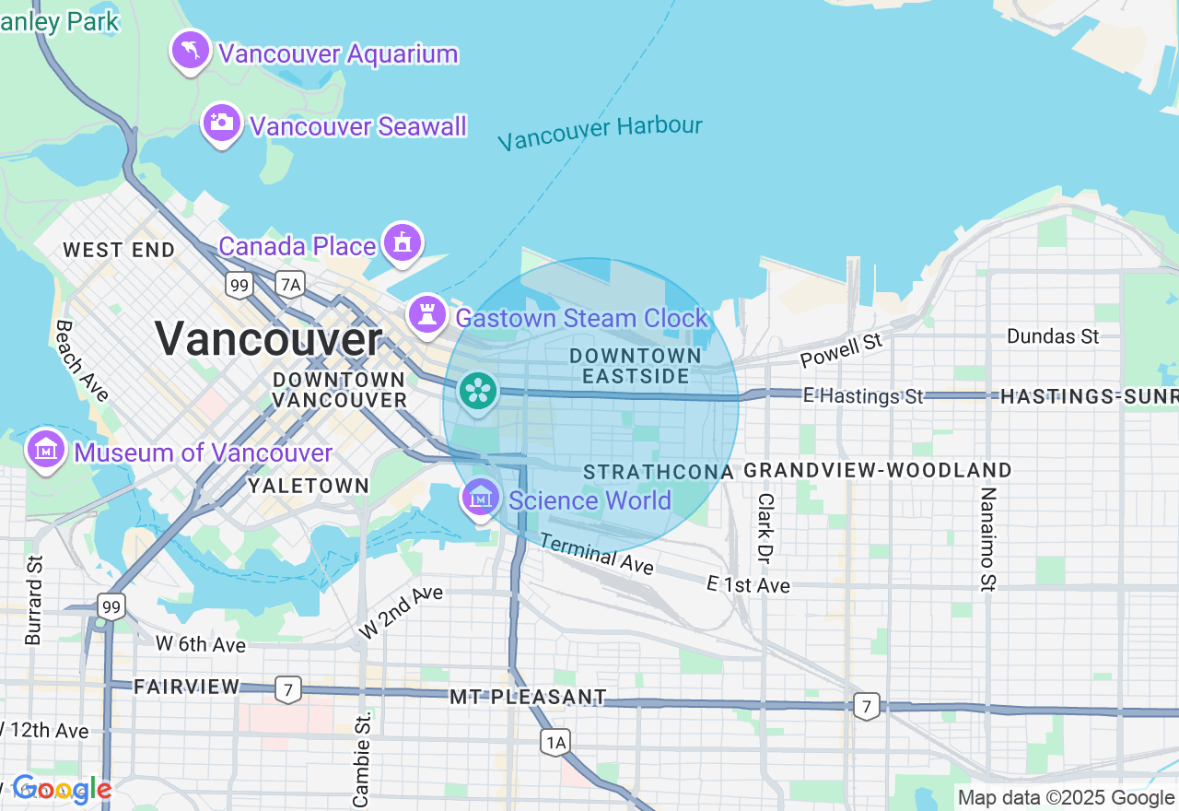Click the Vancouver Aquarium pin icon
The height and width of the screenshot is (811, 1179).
[x=191, y=51]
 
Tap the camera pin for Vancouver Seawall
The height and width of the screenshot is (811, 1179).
[x=222, y=123]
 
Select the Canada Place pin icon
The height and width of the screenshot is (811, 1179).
[x=403, y=243]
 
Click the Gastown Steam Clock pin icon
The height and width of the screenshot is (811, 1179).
[x=426, y=315]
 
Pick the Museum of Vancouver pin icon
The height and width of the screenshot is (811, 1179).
[x=45, y=451]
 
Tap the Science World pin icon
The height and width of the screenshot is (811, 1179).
[x=480, y=498]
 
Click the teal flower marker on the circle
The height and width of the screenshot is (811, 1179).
[x=478, y=392]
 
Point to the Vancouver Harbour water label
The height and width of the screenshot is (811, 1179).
[x=600, y=133]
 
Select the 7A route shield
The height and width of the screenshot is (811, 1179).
[x=290, y=285]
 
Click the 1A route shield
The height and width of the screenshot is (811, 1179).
[x=555, y=742]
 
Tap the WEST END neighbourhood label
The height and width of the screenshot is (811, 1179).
[x=119, y=250]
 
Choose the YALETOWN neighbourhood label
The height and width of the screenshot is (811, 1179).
[x=309, y=486]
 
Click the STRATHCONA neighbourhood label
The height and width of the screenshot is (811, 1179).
[x=659, y=472]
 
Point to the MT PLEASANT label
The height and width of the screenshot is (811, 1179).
[x=528, y=697]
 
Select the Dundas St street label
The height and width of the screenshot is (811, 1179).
[x=1053, y=336]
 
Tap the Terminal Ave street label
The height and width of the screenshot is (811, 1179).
[x=597, y=554]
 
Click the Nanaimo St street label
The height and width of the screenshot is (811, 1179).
[x=987, y=539]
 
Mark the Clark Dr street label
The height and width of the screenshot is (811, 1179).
[x=765, y=528]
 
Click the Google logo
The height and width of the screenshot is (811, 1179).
[x=61, y=789]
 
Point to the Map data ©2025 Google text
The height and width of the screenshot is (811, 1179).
[x=1066, y=797]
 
